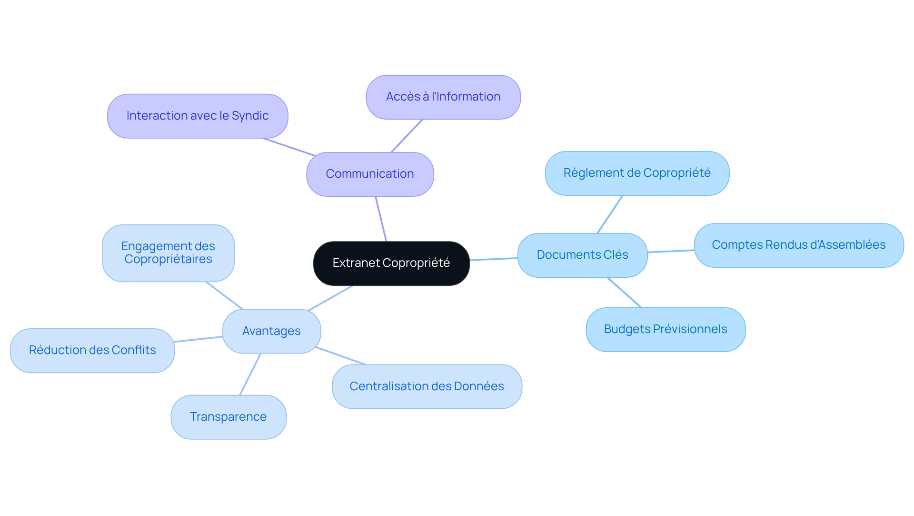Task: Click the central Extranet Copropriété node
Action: click(x=391, y=263)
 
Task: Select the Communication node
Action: click(x=370, y=174)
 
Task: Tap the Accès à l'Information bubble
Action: click(x=443, y=97)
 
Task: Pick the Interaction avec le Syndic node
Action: click(x=198, y=116)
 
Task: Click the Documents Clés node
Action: click(x=582, y=255)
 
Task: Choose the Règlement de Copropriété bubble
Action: click(x=637, y=173)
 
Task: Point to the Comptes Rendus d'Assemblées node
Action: click(x=798, y=245)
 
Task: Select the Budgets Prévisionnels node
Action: click(x=665, y=329)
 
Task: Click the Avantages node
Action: click(x=271, y=331)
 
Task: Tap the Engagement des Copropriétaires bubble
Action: click(x=168, y=253)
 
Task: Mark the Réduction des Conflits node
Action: click(x=92, y=350)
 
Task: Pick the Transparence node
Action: click(x=228, y=417)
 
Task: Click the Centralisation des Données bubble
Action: click(x=427, y=386)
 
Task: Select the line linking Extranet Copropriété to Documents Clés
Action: click(x=494, y=259)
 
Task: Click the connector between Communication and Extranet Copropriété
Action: click(x=381, y=219)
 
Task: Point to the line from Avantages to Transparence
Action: click(x=250, y=374)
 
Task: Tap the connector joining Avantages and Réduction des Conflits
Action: click(x=199, y=339)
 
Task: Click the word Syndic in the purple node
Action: click(x=250, y=116)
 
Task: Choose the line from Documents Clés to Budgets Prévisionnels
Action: click(x=624, y=293)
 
